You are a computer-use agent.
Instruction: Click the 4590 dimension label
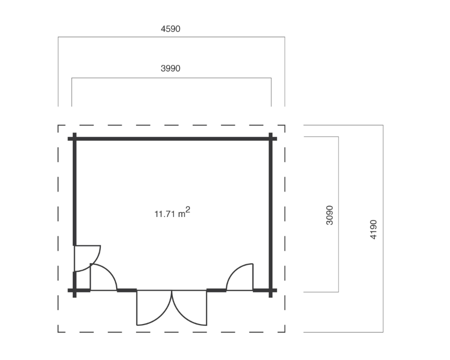[x=171, y=29]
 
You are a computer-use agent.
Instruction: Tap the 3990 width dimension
[x=171, y=68]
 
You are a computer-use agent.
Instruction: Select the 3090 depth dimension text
[x=330, y=215]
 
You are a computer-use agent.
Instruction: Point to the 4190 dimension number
[x=373, y=229]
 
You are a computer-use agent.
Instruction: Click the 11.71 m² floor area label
[x=172, y=213]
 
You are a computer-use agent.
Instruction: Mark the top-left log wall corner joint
[x=75, y=139]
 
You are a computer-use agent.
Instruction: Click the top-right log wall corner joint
[x=270, y=139]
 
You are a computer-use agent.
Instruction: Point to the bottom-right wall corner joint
[x=270, y=290]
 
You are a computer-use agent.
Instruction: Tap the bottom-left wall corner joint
[x=75, y=290]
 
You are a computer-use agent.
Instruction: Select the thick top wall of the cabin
[x=172, y=139]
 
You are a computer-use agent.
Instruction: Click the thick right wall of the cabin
[x=270, y=215]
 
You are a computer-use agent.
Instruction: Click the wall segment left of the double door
[x=127, y=290]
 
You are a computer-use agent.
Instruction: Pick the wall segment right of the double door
[x=216, y=290]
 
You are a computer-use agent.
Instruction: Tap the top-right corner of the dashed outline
[x=285, y=125]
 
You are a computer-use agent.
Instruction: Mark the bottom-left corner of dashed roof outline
[x=58, y=332]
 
